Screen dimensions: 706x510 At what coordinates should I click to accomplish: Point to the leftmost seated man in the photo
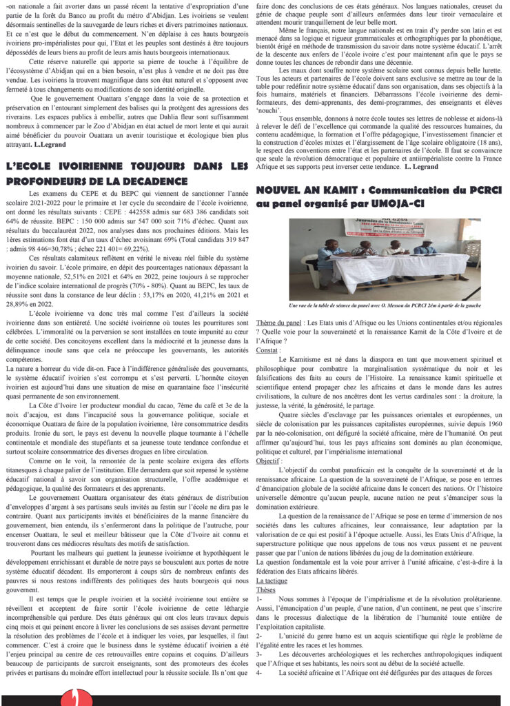[x=328, y=256]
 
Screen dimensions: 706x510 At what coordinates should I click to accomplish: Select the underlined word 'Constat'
[x=267, y=350]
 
